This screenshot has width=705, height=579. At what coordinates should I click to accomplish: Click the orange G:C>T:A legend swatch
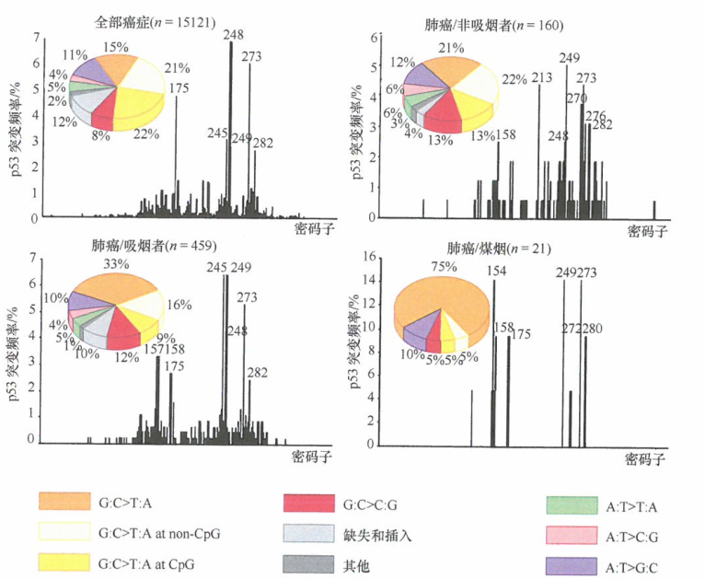pyautogui.click(x=65, y=501)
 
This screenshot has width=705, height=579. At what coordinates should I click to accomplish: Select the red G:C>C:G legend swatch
pyautogui.click(x=310, y=504)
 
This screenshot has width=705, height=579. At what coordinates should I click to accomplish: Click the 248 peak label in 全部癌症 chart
pyautogui.click(x=233, y=35)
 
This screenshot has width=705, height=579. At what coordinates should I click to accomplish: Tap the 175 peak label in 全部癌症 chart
pyautogui.click(x=179, y=88)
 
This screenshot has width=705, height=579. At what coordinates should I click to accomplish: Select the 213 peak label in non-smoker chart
pyautogui.click(x=542, y=76)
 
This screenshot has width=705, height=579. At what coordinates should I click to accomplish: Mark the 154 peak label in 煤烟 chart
pyautogui.click(x=496, y=271)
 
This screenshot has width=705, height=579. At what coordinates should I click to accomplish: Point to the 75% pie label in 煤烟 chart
pyautogui.click(x=446, y=267)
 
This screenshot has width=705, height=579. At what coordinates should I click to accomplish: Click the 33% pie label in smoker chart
pyautogui.click(x=116, y=264)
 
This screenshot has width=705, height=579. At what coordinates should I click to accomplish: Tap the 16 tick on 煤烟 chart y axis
pyautogui.click(x=370, y=257)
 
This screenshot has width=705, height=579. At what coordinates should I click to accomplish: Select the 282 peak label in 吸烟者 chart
pyautogui.click(x=259, y=372)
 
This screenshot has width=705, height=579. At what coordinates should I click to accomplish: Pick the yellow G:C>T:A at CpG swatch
pyautogui.click(x=65, y=561)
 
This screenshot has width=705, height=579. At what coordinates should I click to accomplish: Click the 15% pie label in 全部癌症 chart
pyautogui.click(x=116, y=47)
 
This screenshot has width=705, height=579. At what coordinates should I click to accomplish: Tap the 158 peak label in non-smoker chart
pyautogui.click(x=506, y=135)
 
